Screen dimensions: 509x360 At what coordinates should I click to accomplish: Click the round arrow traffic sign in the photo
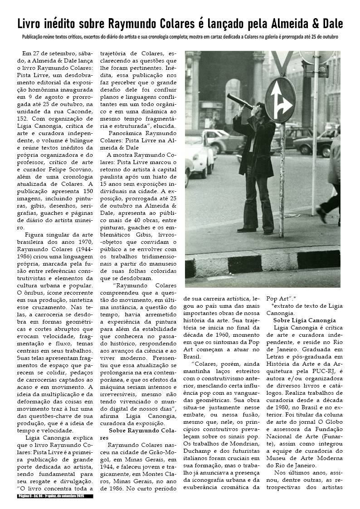click(280, 100)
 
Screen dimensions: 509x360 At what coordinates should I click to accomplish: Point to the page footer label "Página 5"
click(25, 496)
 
